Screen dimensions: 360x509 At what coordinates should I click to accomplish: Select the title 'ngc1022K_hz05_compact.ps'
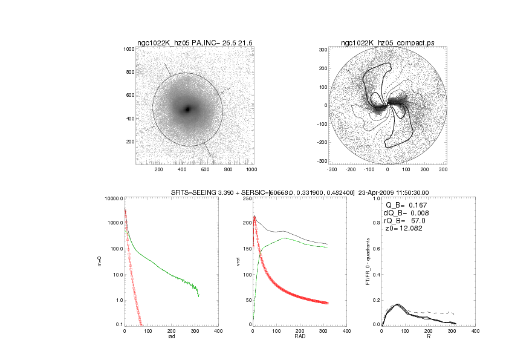[x=387, y=43]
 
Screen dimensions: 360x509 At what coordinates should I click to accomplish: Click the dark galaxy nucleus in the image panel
[x=188, y=110]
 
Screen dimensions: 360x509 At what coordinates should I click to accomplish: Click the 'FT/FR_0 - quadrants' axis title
[x=368, y=261]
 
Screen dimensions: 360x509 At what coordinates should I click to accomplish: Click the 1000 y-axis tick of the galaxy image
[x=128, y=49]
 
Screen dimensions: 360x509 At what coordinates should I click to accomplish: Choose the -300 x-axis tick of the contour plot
[x=332, y=170]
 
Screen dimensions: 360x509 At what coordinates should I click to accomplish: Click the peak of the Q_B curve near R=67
[x=397, y=304]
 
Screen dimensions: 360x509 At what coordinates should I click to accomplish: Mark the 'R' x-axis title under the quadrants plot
[x=429, y=338]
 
